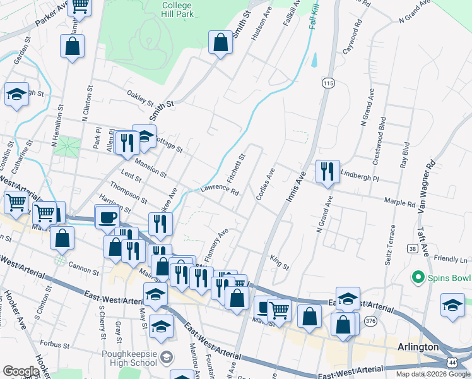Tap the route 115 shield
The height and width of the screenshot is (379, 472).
coord(327,83)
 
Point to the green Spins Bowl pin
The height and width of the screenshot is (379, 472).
coord(417,277)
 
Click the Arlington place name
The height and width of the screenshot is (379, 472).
coord(418,347)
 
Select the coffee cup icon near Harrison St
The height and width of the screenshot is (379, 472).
coord(107,217)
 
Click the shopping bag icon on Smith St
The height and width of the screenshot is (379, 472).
coord(220,43)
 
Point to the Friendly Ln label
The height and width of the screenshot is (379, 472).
coord(451,259)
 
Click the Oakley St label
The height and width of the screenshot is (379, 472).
coord(140,100)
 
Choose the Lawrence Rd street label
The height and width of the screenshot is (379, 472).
coord(220,190)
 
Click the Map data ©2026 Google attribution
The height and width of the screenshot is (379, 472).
coord(432,374)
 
